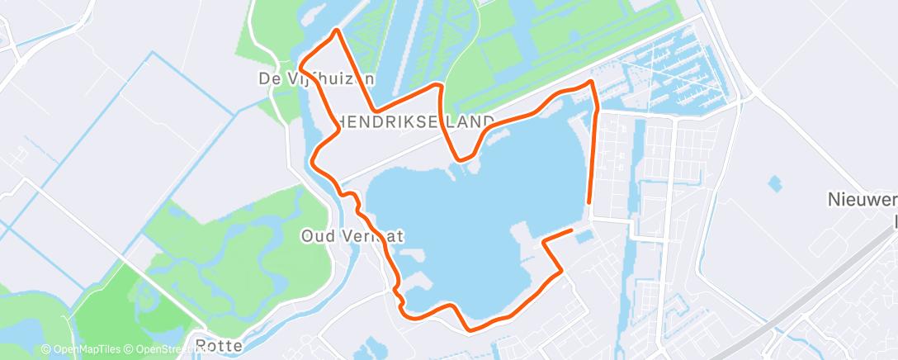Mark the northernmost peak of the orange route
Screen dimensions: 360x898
pyautogui.click(x=336, y=31)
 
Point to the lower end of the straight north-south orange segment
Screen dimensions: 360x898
pyautogui.click(x=588, y=201)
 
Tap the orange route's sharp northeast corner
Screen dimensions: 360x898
pyautogui.click(x=591, y=81)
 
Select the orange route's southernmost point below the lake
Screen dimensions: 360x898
pyautogui.click(x=470, y=329)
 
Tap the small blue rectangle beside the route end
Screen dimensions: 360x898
pyautogui.click(x=583, y=238)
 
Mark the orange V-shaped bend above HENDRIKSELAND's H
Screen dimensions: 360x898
pyautogui.click(x=376, y=110)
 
